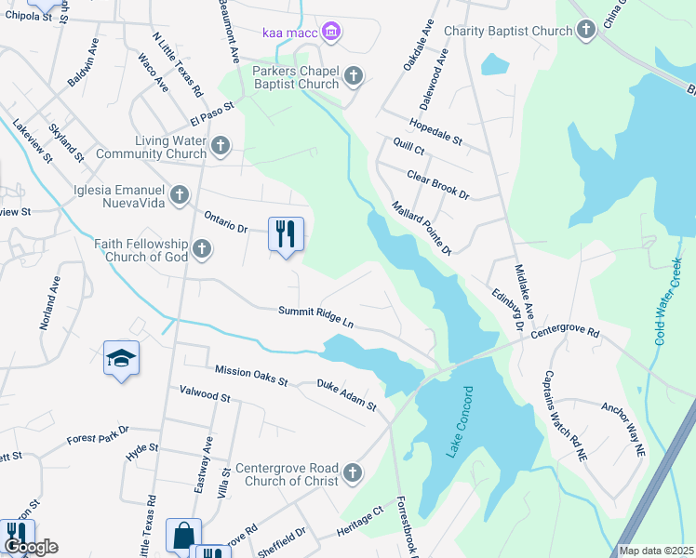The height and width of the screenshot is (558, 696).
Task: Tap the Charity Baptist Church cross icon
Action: (586, 32)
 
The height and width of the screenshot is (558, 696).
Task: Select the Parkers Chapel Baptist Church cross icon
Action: (353, 76)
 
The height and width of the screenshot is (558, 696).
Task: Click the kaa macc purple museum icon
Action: (331, 34)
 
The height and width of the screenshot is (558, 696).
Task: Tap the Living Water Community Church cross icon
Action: (221, 146)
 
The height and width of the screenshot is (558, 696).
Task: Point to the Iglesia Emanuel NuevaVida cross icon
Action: (180, 194)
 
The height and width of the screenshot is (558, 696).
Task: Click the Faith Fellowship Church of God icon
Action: (202, 248)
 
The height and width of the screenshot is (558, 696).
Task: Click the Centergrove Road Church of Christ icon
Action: (352, 474)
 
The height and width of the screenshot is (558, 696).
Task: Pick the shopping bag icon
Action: (183, 536)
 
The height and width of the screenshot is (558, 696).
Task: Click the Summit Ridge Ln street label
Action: (316, 317)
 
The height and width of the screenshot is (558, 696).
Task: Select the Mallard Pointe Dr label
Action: (421, 228)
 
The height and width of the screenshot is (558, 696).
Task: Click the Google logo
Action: (30, 547)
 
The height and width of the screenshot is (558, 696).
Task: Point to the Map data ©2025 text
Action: (656, 551)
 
